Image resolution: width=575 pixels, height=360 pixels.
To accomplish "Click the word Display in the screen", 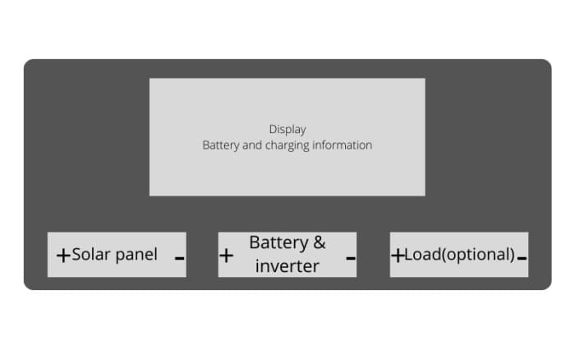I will (287, 129).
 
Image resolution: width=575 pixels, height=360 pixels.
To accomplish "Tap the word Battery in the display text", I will (221, 145).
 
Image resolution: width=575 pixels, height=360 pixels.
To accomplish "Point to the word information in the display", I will (341, 145).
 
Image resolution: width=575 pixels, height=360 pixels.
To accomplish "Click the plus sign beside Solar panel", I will (63, 256).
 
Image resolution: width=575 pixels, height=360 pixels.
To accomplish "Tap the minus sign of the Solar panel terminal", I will (179, 257).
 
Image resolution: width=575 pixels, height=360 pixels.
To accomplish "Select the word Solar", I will (90, 254).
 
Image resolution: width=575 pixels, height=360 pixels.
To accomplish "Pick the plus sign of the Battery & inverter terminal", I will (227, 256).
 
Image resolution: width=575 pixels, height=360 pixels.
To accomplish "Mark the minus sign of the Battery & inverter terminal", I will (351, 257).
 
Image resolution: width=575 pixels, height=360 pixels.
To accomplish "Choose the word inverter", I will (287, 266).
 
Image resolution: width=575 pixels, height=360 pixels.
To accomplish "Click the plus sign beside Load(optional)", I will (398, 256).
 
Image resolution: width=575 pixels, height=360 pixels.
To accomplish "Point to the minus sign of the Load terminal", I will (522, 258).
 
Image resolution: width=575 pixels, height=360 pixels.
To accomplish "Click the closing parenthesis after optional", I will (513, 255).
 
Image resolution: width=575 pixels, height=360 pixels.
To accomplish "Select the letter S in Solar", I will (76, 254).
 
